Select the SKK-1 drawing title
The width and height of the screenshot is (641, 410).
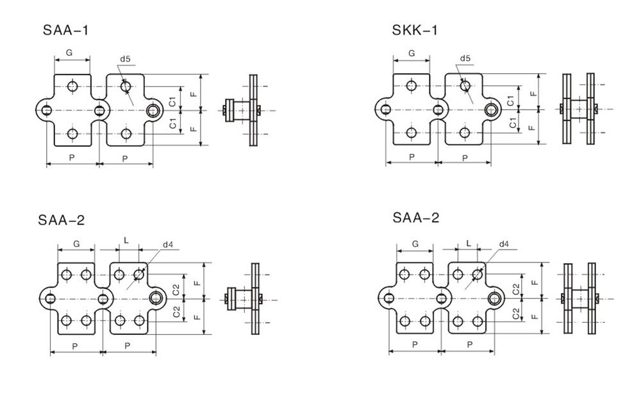415,31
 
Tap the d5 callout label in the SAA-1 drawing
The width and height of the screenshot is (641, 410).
125,60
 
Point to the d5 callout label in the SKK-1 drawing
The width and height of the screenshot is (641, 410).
465,59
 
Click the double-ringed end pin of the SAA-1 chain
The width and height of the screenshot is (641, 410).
153,110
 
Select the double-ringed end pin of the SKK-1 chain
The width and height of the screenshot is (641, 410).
492,110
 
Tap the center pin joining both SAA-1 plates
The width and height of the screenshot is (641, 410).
99,110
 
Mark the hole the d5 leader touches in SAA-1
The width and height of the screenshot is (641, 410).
126,85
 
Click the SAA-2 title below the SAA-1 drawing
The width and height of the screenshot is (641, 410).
61,220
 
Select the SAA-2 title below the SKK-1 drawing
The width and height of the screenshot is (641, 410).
416,218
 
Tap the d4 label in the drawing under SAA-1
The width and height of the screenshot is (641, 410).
168,244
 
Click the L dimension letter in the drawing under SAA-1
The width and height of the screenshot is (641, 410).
126,241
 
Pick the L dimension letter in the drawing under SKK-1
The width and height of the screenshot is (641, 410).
469,244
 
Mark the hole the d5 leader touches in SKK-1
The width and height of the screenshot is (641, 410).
465,85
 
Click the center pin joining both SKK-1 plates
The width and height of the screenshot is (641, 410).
438,110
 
